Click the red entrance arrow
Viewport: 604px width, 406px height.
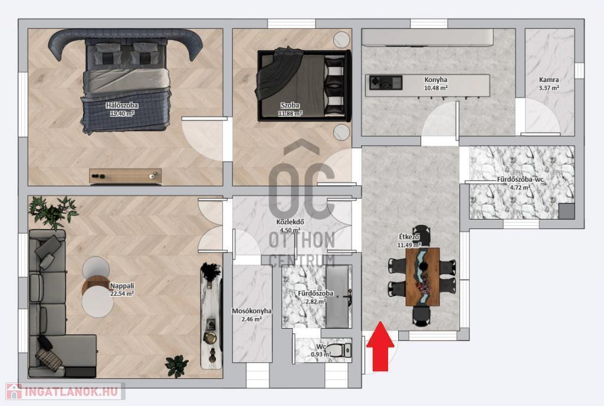click(380, 346)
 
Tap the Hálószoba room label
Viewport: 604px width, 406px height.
click(122, 105)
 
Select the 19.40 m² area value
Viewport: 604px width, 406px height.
click(122, 113)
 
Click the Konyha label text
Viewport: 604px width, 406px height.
click(436, 80)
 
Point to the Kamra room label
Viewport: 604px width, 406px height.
click(549, 80)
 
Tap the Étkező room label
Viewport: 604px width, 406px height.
click(409, 237)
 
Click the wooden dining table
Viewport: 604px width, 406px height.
click(422, 277)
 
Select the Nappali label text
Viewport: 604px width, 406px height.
click(122, 286)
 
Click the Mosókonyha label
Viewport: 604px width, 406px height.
click(251, 311)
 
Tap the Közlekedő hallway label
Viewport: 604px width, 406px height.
click(290, 222)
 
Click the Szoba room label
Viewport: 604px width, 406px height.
click(290, 105)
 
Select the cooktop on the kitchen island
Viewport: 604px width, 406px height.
click(386, 83)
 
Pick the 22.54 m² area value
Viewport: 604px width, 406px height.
click(122, 293)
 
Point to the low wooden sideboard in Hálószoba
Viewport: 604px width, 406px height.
click(125, 176)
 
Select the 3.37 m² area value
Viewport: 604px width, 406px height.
click(549, 88)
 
